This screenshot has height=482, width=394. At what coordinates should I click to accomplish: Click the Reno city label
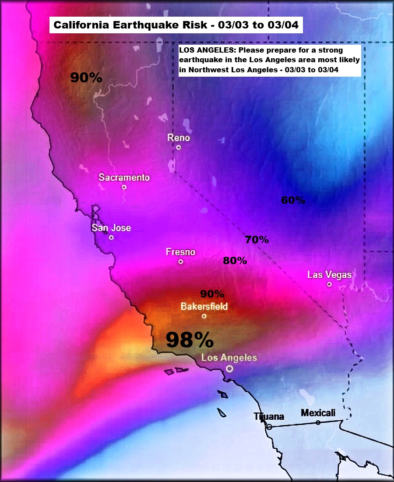[x=179, y=138]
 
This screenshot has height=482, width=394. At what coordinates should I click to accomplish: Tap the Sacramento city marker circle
[x=124, y=187]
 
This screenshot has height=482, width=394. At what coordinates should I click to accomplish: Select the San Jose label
[x=111, y=228]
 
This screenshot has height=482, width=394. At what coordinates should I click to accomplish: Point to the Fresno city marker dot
[x=180, y=262]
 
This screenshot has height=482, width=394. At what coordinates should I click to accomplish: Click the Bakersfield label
[x=204, y=306]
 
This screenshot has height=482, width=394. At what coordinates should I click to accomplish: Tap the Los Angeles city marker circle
[x=229, y=369]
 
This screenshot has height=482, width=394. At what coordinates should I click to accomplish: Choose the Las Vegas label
[x=329, y=275]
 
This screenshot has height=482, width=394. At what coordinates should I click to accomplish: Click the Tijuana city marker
[x=269, y=426]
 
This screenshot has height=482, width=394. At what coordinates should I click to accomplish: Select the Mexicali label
[x=318, y=413]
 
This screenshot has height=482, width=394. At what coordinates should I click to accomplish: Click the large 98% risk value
[x=190, y=340]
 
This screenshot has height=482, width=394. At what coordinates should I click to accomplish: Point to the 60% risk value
[x=293, y=200]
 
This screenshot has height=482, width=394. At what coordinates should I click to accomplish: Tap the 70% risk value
[x=257, y=240]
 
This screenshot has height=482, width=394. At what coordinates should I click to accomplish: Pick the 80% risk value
[x=235, y=261]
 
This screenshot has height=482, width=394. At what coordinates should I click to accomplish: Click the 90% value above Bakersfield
[x=212, y=294]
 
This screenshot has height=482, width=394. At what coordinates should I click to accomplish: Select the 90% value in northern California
[x=86, y=78]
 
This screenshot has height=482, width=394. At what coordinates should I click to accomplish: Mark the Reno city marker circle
[x=179, y=147]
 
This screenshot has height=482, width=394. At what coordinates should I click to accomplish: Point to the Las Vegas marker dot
[x=329, y=284]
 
